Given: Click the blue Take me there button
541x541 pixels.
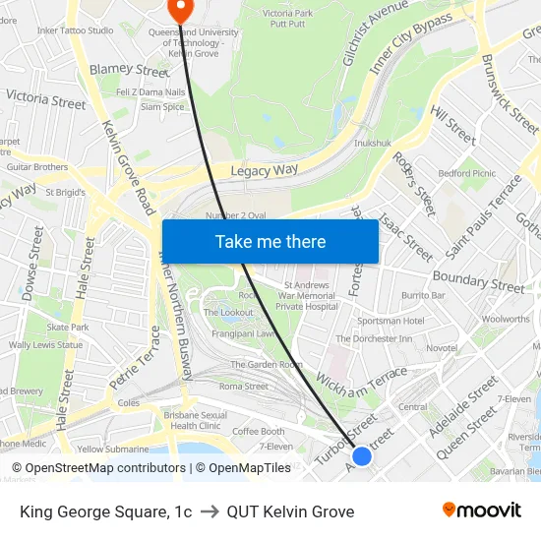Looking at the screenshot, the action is click(270, 241).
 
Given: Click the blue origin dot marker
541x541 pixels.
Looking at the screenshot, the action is click(362, 455).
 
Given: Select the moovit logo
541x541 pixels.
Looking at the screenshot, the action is click(482, 510).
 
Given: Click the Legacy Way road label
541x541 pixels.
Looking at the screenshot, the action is click(264, 170).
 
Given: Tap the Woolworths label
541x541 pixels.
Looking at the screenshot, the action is click(506, 319).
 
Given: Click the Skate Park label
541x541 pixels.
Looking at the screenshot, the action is click(68, 327).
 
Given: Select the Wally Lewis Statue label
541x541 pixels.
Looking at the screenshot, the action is click(45, 345).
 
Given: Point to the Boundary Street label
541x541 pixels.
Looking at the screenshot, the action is click(479, 281).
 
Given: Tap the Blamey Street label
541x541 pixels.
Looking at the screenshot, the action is click(129, 71).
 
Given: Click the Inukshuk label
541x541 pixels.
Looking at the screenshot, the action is click(372, 143).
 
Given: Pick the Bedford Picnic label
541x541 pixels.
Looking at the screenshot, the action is click(467, 173).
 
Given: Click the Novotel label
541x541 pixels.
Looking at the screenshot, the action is click(442, 348).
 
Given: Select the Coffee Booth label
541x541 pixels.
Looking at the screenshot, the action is click(258, 431).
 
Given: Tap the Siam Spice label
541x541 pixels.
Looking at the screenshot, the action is click(162, 107).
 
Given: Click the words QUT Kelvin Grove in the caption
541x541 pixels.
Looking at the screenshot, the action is click(290, 511).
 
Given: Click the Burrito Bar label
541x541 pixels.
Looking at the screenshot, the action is click(423, 295).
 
